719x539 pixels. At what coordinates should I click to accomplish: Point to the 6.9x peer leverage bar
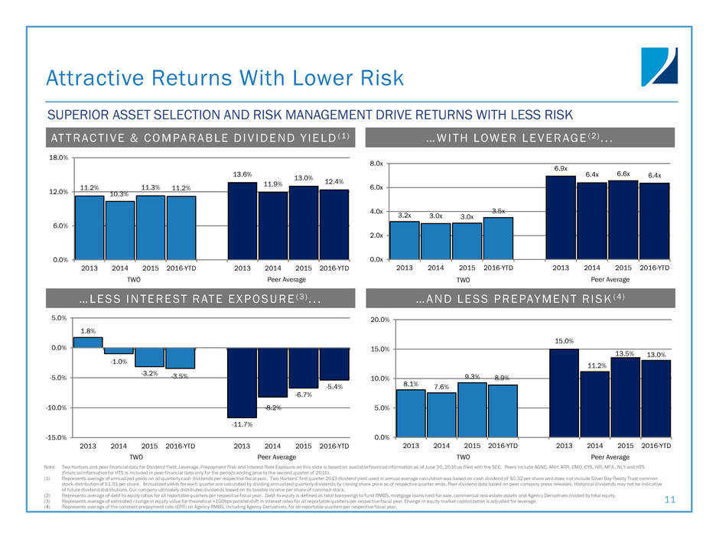[x=561, y=218]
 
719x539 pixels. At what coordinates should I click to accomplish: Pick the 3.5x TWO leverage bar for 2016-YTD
[x=498, y=239]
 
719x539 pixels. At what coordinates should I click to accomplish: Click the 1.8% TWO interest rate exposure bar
[x=89, y=343]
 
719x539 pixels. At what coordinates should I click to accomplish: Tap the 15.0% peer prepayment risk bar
[x=564, y=393]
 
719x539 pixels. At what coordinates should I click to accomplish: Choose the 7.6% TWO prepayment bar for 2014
[x=442, y=414]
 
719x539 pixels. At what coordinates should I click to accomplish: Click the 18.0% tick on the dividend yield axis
[x=57, y=158]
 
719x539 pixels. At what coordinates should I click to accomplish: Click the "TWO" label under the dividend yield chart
[x=135, y=280]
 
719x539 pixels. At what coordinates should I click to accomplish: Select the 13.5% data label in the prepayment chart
[x=625, y=354]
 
